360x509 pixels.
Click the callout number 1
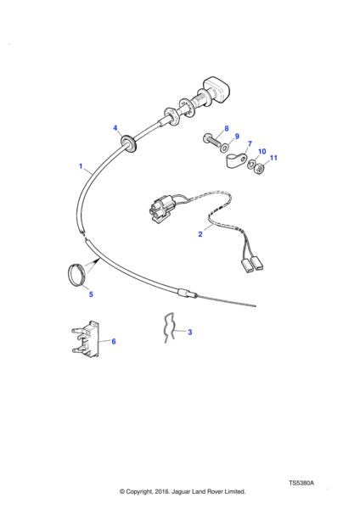click(x=81, y=166)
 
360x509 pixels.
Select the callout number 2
click(x=200, y=234)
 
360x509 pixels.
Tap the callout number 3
click(x=190, y=332)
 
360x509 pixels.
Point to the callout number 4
click(x=115, y=128)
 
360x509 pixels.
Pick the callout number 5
click(x=91, y=294)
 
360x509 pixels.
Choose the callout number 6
click(x=114, y=342)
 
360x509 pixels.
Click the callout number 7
click(x=250, y=143)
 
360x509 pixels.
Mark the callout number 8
click(x=227, y=128)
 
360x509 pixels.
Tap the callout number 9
click(x=237, y=136)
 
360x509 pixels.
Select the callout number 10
click(x=262, y=151)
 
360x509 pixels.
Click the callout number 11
click(x=273, y=158)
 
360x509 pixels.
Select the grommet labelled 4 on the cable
click(x=129, y=143)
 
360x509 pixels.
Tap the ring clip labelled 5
click(x=78, y=275)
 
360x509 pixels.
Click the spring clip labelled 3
click(x=171, y=327)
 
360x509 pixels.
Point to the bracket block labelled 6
click(x=86, y=338)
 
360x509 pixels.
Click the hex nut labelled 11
click(x=259, y=168)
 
